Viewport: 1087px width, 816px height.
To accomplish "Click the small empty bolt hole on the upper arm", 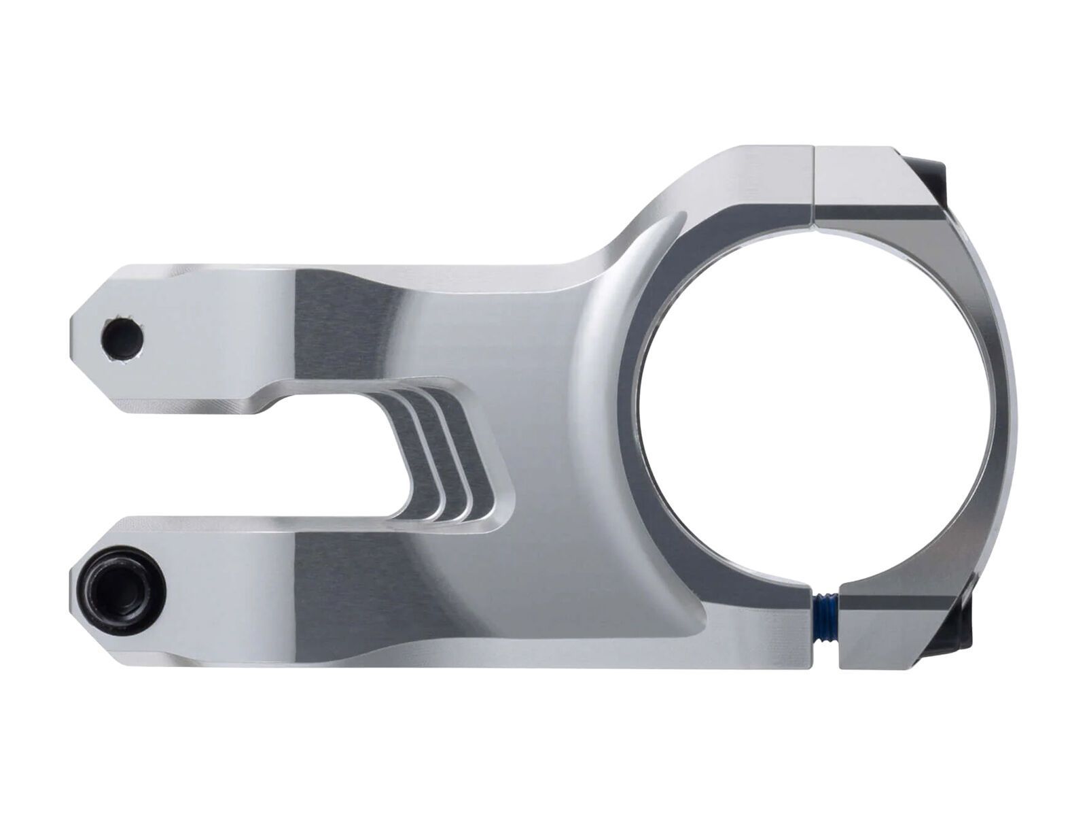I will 122,336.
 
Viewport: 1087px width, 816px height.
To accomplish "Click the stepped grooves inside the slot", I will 442,456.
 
